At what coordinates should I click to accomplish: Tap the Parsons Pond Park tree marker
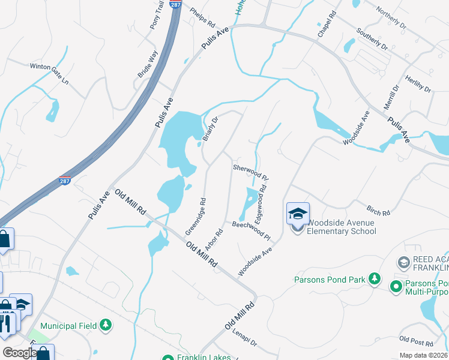(x=375, y=278)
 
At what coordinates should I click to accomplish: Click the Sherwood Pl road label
(x=250, y=173)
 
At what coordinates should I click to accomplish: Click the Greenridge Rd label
(x=196, y=217)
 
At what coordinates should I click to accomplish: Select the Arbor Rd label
(x=214, y=239)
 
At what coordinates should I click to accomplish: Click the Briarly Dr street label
(x=209, y=128)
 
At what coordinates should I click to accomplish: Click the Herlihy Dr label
(x=418, y=83)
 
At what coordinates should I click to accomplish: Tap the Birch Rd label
(x=378, y=209)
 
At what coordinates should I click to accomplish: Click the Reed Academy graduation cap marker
(x=403, y=263)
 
